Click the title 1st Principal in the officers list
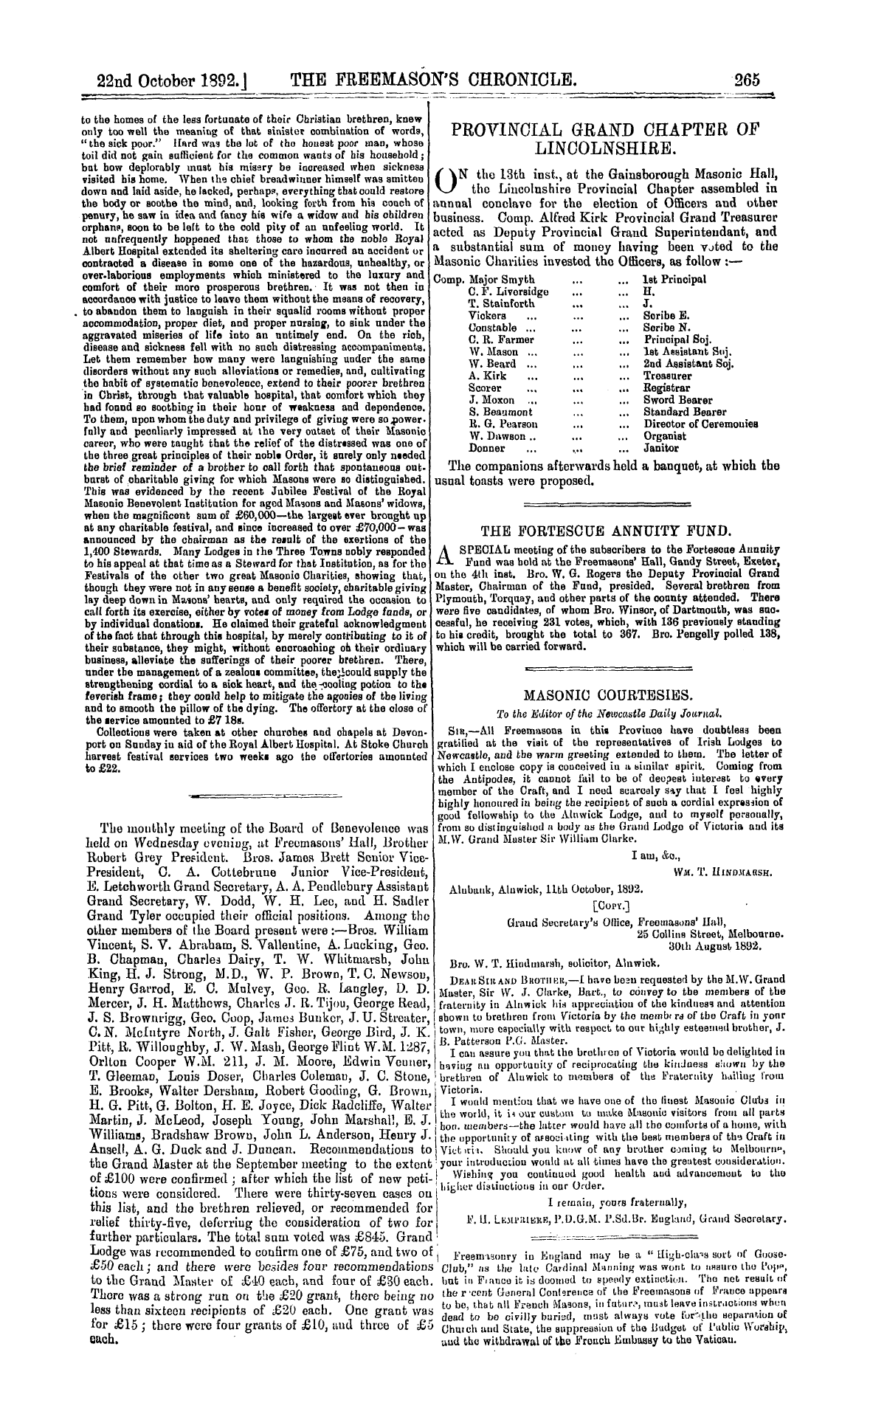pyautogui.click(x=674, y=279)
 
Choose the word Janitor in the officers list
pyautogui.click(x=660, y=448)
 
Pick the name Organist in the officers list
pyautogui.click(x=665, y=436)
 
